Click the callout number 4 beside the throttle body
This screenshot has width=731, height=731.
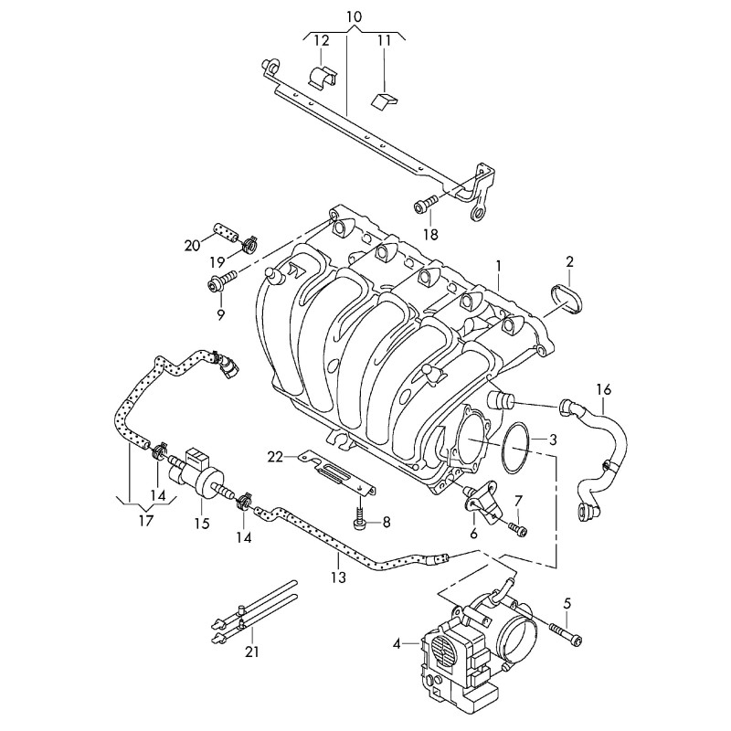click(x=397, y=644)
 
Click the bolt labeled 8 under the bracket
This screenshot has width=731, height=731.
click(x=362, y=523)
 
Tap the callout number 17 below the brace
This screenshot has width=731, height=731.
click(x=146, y=522)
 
